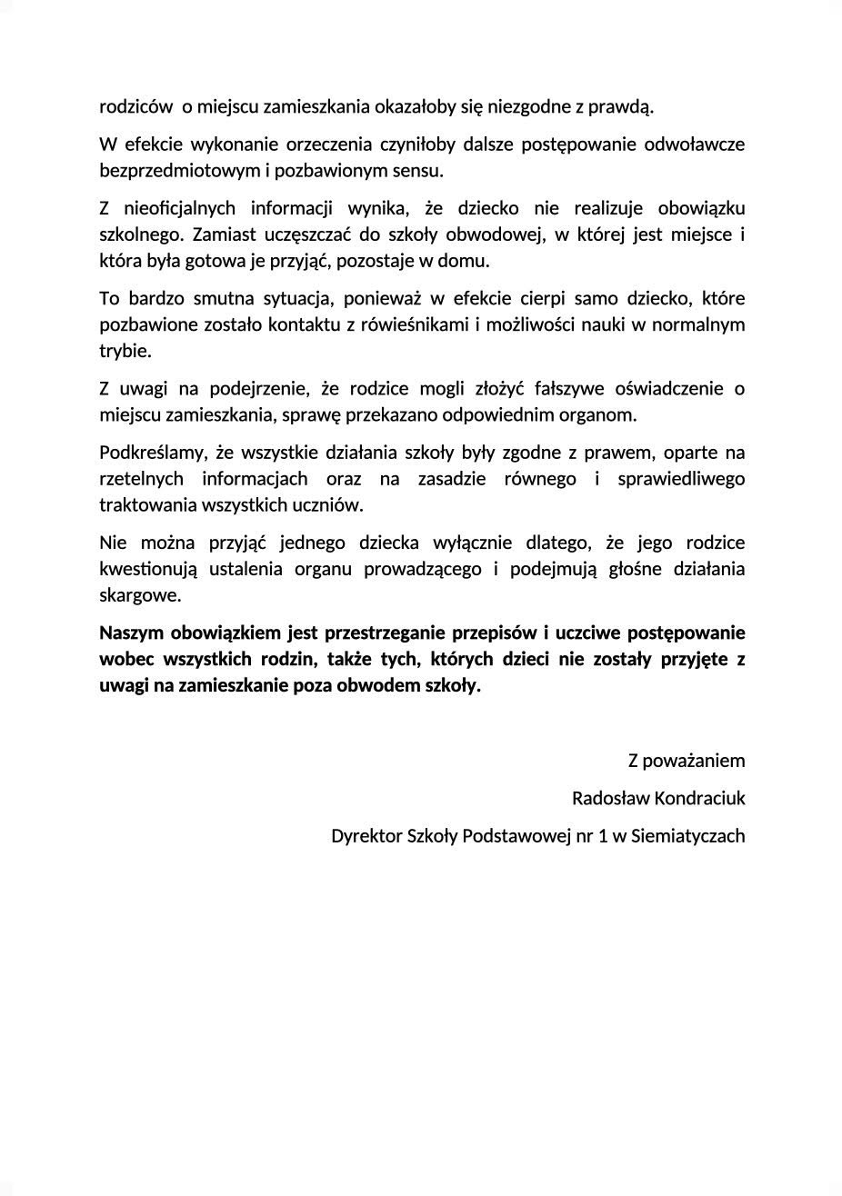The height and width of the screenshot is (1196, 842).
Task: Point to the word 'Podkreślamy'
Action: pyautogui.click(x=150, y=452)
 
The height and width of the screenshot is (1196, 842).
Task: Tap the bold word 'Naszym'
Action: pyautogui.click(x=130, y=633)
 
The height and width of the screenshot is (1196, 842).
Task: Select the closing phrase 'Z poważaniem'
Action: pyautogui.click(x=687, y=760)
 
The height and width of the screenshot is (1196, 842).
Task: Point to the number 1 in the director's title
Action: pyautogui.click(x=602, y=835)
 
